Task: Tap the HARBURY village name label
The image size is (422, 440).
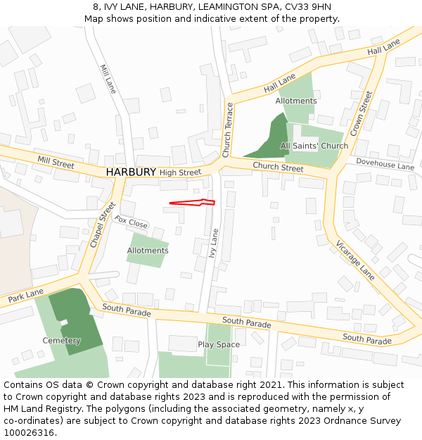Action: click(x=131, y=172)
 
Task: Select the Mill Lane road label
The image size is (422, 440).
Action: click(x=108, y=80)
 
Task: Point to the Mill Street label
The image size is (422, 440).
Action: click(x=56, y=163)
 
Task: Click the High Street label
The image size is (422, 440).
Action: click(x=180, y=172)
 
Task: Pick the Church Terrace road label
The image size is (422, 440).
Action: click(x=226, y=130)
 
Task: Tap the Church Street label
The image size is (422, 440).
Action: click(x=278, y=167)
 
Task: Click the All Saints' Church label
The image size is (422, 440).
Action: click(x=314, y=146)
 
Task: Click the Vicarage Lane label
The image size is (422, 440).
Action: click(x=355, y=259)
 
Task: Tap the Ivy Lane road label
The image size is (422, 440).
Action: click(x=214, y=242)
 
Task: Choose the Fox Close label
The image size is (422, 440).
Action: click(x=131, y=222)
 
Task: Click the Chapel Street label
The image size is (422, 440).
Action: click(x=102, y=225)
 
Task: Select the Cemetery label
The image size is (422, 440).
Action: click(x=61, y=341)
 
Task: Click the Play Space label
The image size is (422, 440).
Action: click(x=219, y=345)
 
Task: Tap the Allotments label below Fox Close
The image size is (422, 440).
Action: click(x=148, y=251)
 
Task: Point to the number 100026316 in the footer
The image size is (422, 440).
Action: click(x=29, y=433)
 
